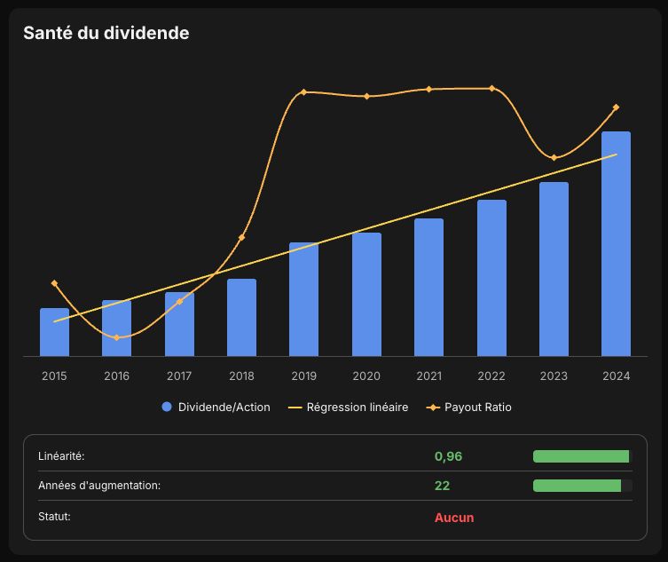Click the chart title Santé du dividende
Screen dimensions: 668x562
tap(106, 33)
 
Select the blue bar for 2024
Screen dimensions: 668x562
tap(616, 243)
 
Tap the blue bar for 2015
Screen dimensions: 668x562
tap(54, 332)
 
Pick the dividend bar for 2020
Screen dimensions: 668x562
tap(366, 294)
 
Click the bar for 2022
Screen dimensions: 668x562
tap(491, 278)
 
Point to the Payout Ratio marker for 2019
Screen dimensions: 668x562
tap(303, 92)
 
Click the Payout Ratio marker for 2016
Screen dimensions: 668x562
tap(117, 337)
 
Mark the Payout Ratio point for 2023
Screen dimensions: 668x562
tap(554, 158)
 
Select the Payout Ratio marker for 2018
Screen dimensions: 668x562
tap(241, 237)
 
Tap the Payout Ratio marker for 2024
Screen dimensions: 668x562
tap(616, 107)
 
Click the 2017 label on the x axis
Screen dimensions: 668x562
tap(179, 376)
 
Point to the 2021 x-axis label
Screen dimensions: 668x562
tap(429, 376)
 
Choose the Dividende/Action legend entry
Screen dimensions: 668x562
tap(216, 408)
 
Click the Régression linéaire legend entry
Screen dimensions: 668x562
tap(348, 408)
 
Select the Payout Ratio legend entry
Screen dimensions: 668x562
tap(468, 408)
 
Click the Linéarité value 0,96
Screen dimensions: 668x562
tap(448, 456)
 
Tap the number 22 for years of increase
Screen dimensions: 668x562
tap(442, 486)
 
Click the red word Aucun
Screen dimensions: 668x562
tap(454, 518)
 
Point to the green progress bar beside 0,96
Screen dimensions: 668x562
tap(581, 456)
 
